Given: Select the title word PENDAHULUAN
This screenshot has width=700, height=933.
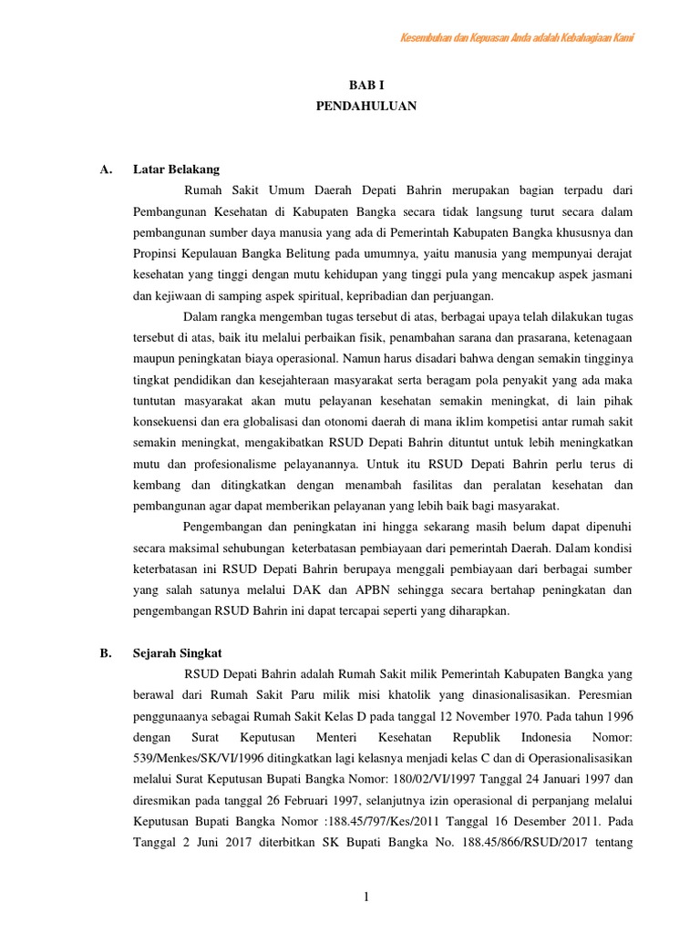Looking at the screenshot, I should click(365, 106).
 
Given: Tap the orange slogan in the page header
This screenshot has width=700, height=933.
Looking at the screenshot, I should click(518, 37).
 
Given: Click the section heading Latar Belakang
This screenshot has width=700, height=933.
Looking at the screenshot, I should click(176, 169).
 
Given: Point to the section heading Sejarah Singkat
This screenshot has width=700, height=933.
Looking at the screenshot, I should click(177, 653).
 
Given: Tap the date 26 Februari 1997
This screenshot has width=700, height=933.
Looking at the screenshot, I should click(289, 800).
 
